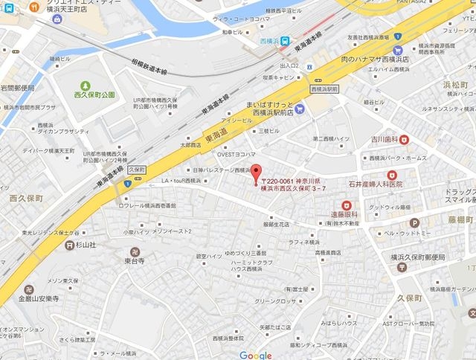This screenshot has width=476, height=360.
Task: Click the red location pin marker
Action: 257,171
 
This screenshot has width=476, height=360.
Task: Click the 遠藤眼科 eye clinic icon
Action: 346,205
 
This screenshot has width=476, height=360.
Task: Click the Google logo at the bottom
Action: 256,355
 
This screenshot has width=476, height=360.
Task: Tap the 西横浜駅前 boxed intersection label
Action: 324,89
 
